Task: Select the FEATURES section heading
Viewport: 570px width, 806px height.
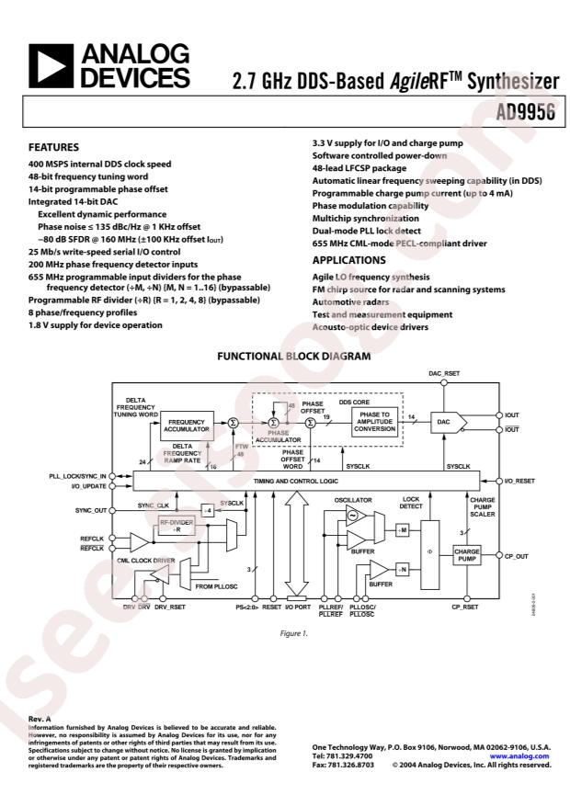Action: point(54,147)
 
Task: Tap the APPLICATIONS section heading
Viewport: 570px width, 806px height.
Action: point(348,260)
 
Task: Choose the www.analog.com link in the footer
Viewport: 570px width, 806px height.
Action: point(526,755)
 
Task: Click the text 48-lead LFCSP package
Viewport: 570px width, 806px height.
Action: point(363,169)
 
